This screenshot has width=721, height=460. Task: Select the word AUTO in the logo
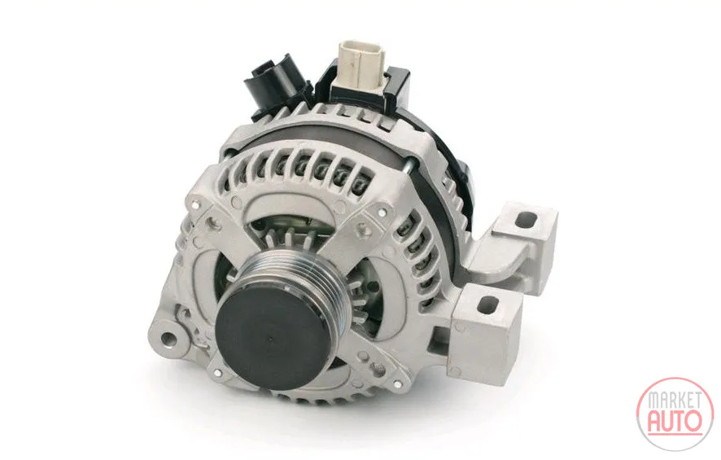(674, 420)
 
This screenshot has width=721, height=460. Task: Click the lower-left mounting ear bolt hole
(168, 338)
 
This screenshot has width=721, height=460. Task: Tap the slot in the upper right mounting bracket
(526, 221)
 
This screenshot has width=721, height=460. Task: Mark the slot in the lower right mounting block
(489, 304)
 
